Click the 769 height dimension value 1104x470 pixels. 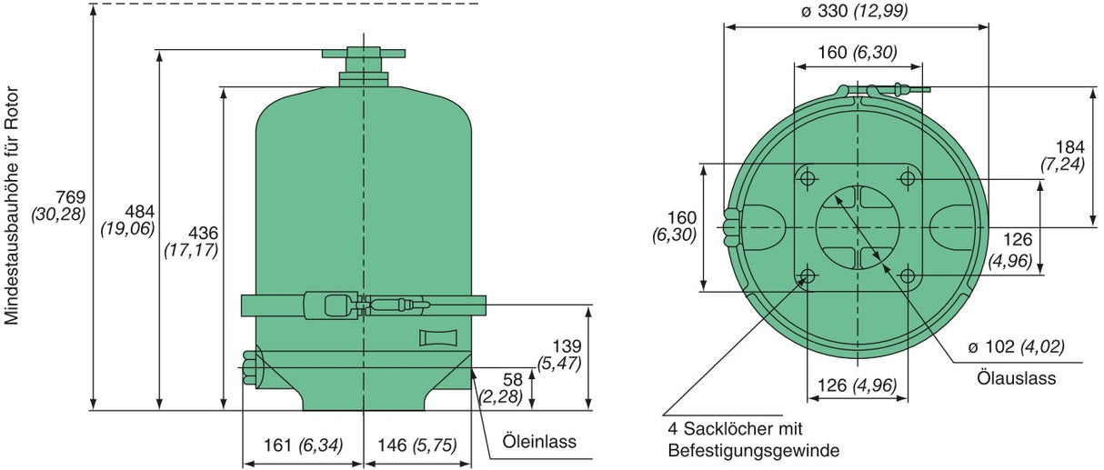[x=69, y=197]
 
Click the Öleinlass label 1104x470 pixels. [x=539, y=443]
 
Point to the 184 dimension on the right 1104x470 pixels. [x=1070, y=146]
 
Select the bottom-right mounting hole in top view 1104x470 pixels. [x=908, y=276]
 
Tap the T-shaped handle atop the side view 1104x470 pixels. [x=363, y=53]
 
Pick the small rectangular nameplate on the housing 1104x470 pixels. [x=437, y=338]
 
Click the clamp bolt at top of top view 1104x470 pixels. [x=896, y=90]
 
